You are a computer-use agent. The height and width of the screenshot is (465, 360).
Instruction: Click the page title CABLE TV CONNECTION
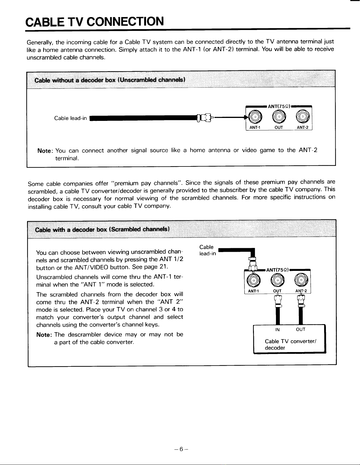(95, 21)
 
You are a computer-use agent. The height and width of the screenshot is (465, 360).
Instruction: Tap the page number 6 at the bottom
(181, 449)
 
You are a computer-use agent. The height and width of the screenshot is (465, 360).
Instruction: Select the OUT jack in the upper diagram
(279, 117)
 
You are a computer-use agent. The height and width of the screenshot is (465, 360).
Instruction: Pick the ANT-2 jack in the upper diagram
(303, 116)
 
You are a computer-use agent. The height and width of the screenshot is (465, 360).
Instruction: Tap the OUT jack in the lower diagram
(277, 280)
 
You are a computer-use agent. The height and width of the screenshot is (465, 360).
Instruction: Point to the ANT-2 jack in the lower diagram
(301, 280)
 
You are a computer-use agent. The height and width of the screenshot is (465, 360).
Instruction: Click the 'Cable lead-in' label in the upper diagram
(71, 118)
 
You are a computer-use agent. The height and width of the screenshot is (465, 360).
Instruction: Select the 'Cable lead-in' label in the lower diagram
(207, 250)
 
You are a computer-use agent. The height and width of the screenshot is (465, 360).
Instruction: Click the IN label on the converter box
(277, 330)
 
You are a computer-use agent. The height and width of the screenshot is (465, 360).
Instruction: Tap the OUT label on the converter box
(301, 329)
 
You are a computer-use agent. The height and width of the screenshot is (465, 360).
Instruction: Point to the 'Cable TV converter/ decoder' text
(291, 344)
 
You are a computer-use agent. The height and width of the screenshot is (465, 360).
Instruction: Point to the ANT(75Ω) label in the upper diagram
(279, 106)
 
